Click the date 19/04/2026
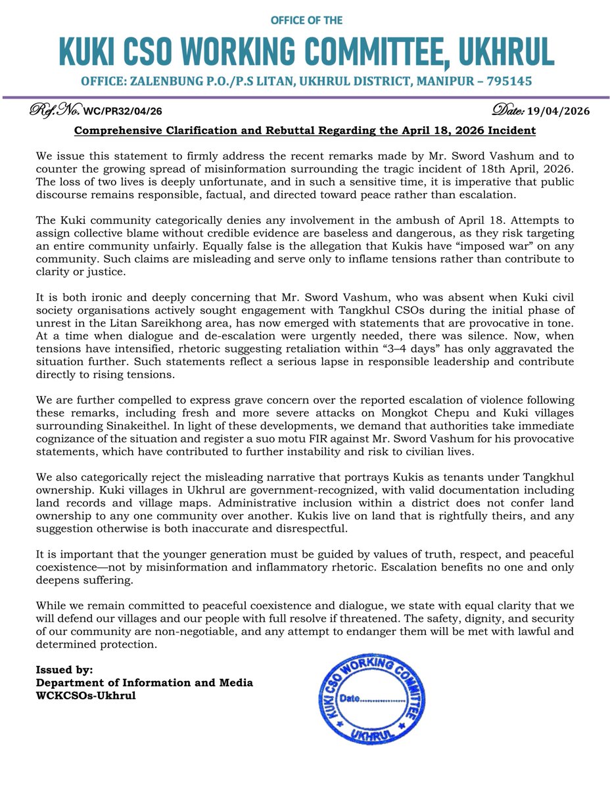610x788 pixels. coord(557,112)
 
